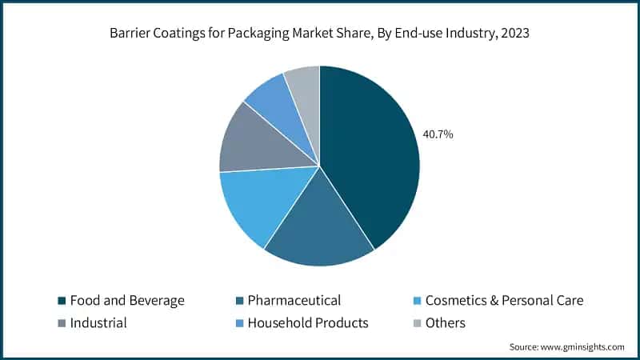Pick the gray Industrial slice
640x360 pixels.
(256, 144)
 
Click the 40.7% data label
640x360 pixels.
(438, 134)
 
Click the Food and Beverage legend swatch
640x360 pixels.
(61, 301)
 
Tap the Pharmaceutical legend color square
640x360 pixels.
(238, 301)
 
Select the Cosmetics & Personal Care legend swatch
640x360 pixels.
(416, 301)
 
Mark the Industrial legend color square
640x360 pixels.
(61, 323)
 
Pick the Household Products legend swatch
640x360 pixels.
(238, 323)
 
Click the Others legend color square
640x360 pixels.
(416, 323)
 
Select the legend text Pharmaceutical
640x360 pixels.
(294, 301)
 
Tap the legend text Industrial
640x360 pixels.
(98, 323)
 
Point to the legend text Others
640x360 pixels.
(445, 323)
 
